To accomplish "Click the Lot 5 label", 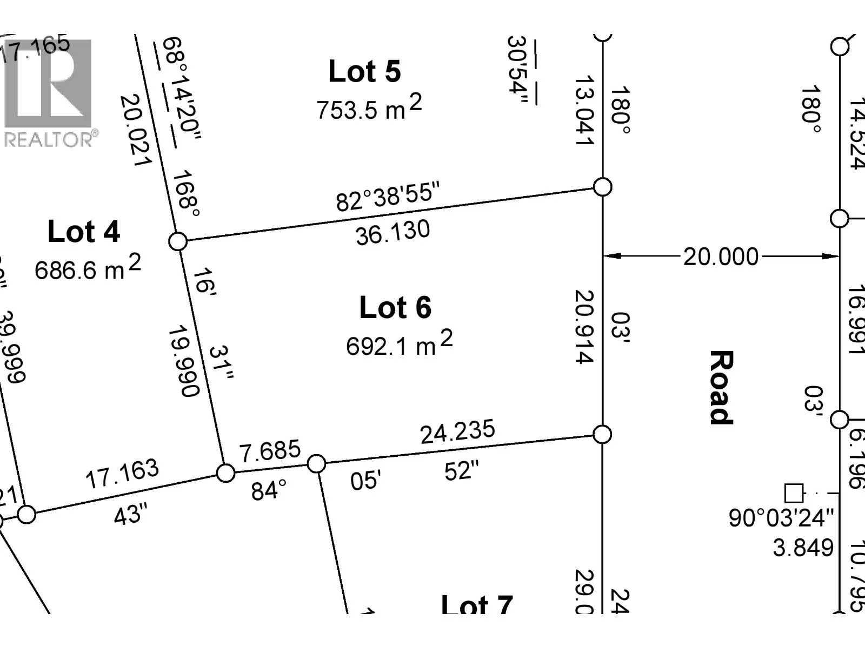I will pos(364,72).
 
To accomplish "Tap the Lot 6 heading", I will pos(395,308).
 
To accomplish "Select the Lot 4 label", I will pos(84,232).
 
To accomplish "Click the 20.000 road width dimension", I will pos(721,256).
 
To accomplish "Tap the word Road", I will pos(721,387).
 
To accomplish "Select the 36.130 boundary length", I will pos(393,233).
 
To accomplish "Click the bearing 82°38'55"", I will pos(388,197).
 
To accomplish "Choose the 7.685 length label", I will pos(270,451).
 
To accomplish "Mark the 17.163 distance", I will pos(122,474).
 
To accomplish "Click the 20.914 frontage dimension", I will pos(584,327).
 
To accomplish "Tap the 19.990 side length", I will pos(184,361).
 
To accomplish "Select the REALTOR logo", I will pos(49,92).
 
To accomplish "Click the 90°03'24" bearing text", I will pos(781,518).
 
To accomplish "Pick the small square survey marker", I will pos(793,493).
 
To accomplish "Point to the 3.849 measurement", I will pos(803,548).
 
